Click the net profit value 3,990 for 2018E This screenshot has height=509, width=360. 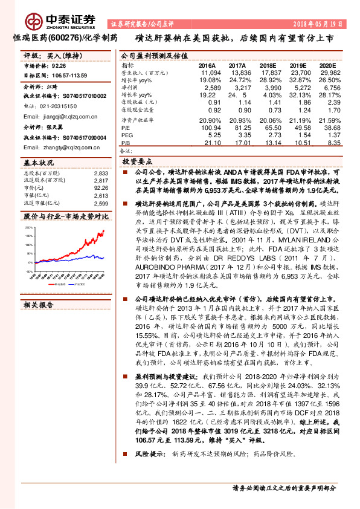[266, 88]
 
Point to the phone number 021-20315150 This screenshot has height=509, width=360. [59, 105]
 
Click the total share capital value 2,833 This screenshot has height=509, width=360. [101, 173]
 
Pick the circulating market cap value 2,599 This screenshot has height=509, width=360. [101, 203]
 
